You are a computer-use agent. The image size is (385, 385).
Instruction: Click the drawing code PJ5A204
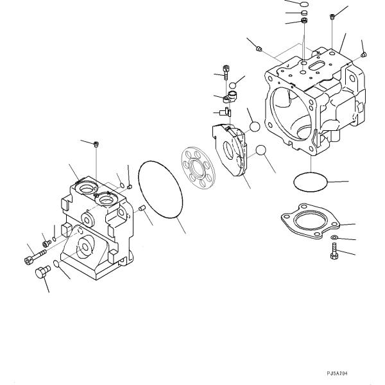pyautogui.click(x=338, y=373)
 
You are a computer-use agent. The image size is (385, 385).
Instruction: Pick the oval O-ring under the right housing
pyautogui.click(x=310, y=183)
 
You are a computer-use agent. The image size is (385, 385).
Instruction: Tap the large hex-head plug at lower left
pyautogui.click(x=41, y=275)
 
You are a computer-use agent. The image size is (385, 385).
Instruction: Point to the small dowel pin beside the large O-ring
pyautogui.click(x=143, y=207)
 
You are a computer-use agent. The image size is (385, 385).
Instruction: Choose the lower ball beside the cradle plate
pyautogui.click(x=261, y=151)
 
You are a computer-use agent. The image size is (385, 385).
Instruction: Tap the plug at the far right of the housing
pyautogui.click(x=363, y=55)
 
